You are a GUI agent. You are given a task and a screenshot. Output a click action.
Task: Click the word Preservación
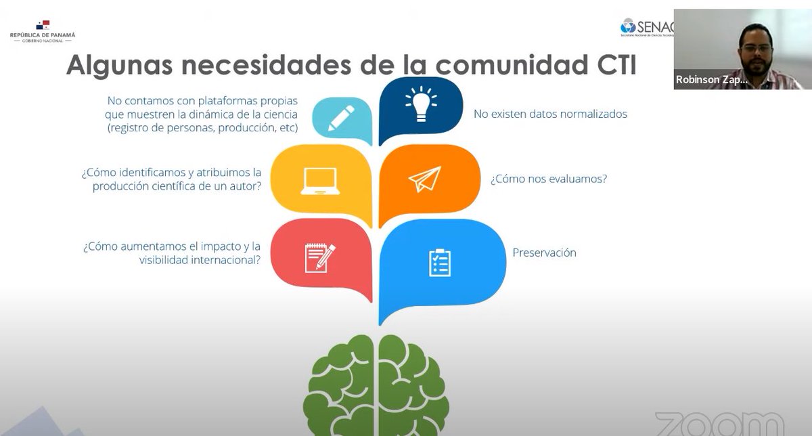point(544,253)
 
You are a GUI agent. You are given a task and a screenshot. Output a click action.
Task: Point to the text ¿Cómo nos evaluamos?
point(548,179)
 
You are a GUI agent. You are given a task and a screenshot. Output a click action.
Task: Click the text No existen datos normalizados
point(550,114)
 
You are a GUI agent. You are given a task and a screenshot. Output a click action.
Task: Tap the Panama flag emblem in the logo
point(43,25)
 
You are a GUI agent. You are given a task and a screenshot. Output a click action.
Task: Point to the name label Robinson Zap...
point(711,80)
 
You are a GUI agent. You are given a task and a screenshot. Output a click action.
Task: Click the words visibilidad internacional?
point(200,259)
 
